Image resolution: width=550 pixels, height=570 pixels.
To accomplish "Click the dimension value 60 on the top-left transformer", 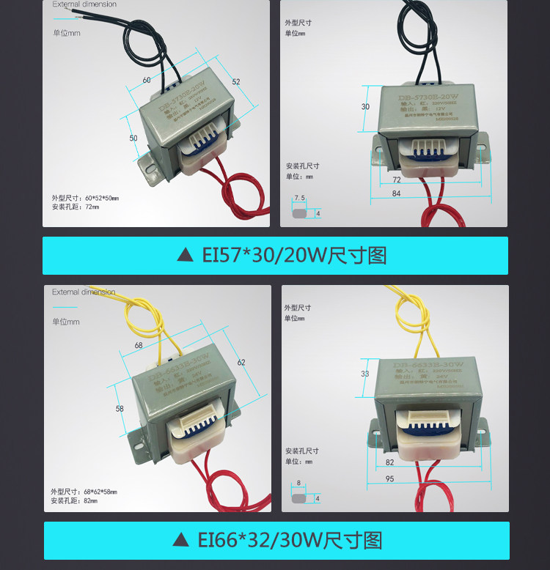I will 147,80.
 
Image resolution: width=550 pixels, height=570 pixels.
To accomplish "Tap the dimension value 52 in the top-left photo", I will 236,82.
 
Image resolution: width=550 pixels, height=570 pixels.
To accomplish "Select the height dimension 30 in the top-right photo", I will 366,107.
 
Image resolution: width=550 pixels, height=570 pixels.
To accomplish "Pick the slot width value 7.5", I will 299,198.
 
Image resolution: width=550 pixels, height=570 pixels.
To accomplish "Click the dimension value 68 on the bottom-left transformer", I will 139,345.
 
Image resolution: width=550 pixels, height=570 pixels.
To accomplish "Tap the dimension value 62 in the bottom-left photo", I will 241,362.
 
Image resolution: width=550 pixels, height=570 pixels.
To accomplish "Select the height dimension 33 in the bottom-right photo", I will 366,374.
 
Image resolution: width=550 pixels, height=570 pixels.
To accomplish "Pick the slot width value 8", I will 298,484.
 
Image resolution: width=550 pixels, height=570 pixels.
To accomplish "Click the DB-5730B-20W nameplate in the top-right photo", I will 428,97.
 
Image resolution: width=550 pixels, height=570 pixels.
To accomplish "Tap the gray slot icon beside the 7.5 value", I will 300,214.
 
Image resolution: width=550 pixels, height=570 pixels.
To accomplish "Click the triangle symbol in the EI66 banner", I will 180,541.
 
